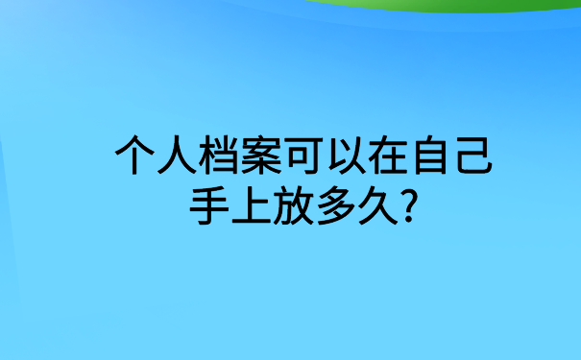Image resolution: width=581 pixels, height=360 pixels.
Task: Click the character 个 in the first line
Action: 133,156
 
